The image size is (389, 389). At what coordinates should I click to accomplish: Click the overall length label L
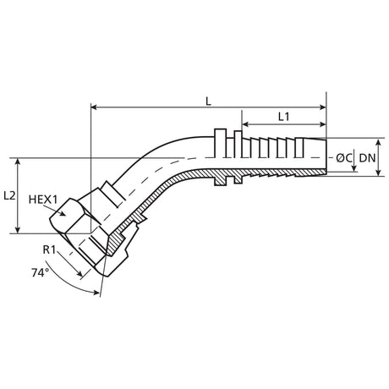[208, 100]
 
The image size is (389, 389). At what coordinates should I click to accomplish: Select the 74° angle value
[39, 272]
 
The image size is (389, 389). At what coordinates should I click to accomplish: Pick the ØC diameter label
[343, 157]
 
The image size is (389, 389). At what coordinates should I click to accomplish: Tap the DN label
[367, 157]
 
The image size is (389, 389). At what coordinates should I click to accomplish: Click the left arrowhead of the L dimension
[95, 108]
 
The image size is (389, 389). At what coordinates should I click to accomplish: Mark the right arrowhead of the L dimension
[322, 108]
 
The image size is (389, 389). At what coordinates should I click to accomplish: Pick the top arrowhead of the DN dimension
[377, 140]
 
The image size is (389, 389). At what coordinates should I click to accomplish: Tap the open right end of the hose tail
[325, 157]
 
